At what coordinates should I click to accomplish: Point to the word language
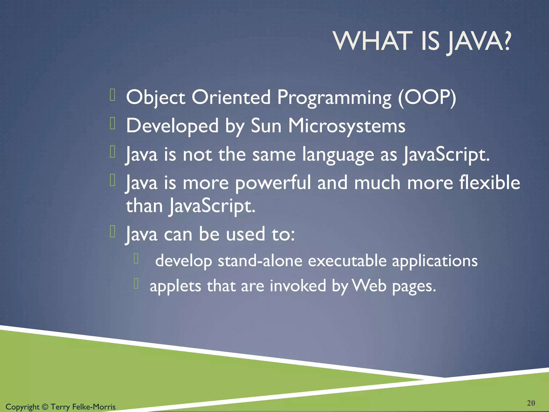(338, 155)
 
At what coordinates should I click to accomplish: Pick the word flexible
(489, 182)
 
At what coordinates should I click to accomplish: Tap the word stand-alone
(260, 261)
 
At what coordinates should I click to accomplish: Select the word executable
(347, 261)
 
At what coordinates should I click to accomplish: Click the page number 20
(531, 403)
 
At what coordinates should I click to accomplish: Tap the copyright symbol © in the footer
(45, 407)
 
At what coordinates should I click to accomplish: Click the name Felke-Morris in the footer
(94, 407)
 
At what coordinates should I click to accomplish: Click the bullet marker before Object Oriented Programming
(113, 95)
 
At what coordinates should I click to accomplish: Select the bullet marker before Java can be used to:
(113, 232)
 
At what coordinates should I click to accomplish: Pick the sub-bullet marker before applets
(136, 284)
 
